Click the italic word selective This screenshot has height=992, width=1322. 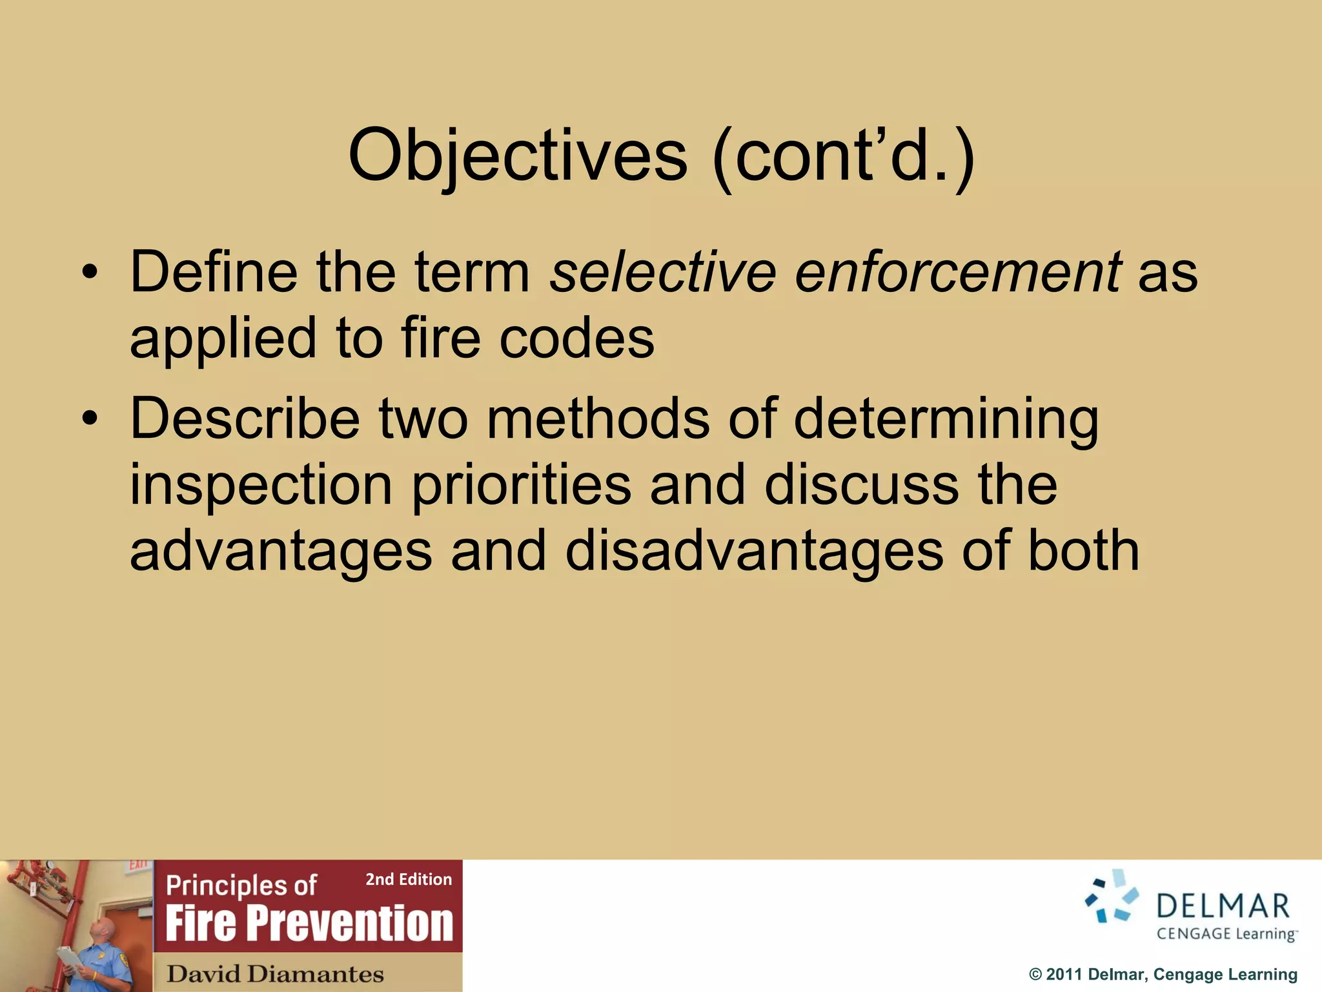point(662,272)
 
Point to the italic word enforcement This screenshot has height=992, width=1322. point(958,272)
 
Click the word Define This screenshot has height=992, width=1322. point(214,272)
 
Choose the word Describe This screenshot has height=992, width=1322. point(245,419)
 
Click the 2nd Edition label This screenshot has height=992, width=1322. point(409,879)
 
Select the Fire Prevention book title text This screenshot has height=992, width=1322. point(309,923)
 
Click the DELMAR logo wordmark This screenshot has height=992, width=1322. point(1223,906)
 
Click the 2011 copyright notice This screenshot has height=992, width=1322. point(1163,974)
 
